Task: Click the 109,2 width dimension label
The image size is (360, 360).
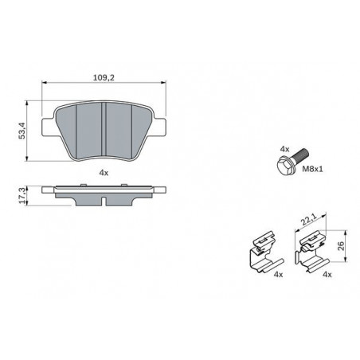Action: tap(104, 78)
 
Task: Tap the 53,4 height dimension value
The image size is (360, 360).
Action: tap(22, 131)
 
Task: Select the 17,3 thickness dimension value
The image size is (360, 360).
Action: tap(22, 196)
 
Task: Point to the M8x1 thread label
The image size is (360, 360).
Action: tap(312, 169)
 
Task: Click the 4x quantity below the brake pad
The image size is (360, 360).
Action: tap(104, 173)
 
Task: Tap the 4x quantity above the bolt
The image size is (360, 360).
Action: tap(284, 149)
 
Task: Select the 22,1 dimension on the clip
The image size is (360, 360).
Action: tap(308, 220)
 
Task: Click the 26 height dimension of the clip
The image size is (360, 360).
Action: tap(341, 246)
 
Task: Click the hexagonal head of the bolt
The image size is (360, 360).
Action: tap(284, 165)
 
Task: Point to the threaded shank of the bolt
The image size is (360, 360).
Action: tap(300, 154)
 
